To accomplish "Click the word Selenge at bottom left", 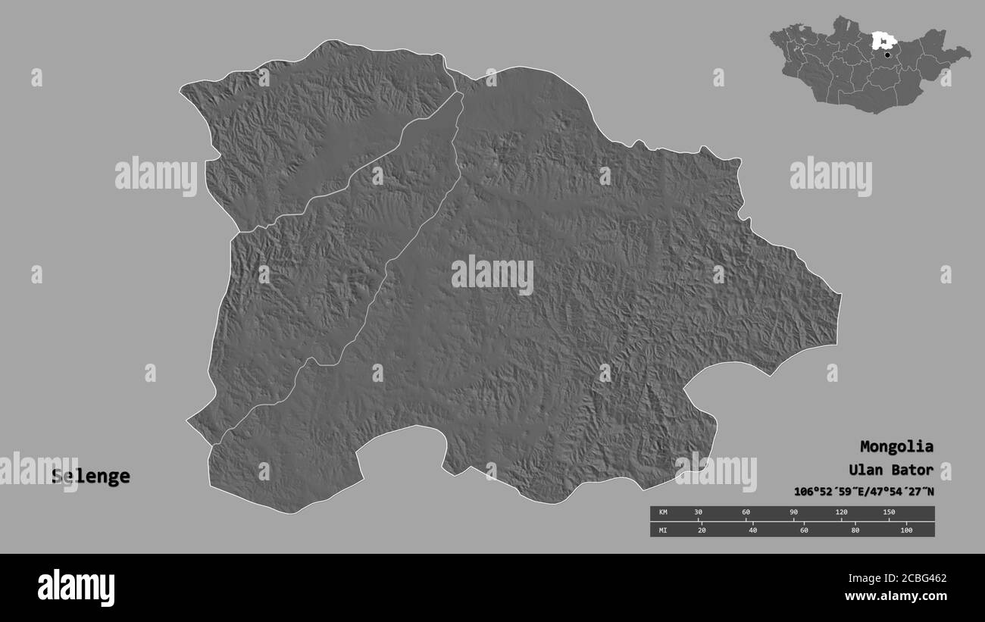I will (x=91, y=477).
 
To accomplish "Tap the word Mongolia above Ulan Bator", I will (x=896, y=446).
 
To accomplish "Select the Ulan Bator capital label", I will (x=891, y=470).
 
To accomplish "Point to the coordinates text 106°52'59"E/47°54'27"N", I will (x=864, y=492).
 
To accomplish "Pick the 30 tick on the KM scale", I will (x=699, y=513).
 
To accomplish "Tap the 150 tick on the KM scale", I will (x=888, y=513).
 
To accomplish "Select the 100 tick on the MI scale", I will (x=906, y=530).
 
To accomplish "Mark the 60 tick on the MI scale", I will (x=804, y=530).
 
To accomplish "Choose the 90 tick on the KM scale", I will (x=793, y=513).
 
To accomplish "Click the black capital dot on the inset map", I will (x=887, y=54).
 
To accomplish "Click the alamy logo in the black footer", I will (x=76, y=587).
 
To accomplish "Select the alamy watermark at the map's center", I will (x=492, y=274).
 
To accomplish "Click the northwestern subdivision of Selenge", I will (x=318, y=129).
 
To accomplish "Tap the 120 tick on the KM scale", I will (x=841, y=513).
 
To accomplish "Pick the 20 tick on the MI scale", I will (x=702, y=530).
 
